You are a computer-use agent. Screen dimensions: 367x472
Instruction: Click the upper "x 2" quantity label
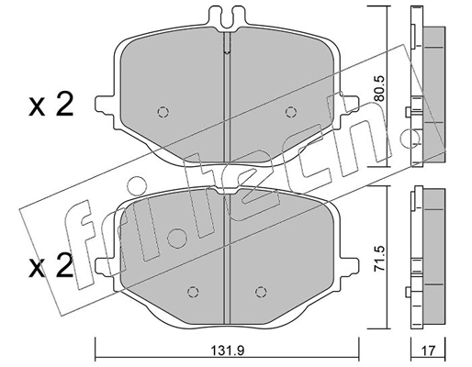pos(51,106)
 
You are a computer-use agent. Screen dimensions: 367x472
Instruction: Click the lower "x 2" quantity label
pos(51,267)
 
